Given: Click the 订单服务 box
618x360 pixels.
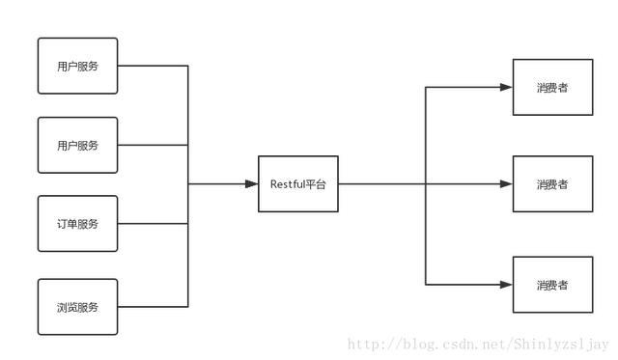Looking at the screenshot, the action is coord(77,224).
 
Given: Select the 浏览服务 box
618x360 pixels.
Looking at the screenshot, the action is coord(77,307).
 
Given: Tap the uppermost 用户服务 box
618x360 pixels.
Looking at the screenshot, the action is coord(77,66).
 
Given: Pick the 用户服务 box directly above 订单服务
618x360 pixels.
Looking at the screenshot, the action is coord(77,145).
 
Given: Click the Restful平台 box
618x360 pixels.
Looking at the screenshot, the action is coord(298,183).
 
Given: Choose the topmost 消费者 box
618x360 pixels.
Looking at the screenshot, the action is coord(552,87).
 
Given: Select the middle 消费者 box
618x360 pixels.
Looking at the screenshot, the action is coord(552,183).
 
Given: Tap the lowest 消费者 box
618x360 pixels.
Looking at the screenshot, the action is coord(552,285).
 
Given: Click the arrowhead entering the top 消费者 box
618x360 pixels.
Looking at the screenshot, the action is coord(506,87).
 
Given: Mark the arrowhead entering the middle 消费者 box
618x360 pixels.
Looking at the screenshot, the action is coord(506,183).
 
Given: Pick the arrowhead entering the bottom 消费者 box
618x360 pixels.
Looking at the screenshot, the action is coord(506,285).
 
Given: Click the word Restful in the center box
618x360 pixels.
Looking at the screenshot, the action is coord(287,183).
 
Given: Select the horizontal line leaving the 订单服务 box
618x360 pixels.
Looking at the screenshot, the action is coord(153,224).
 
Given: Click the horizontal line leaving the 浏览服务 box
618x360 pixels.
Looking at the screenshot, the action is coord(153,307).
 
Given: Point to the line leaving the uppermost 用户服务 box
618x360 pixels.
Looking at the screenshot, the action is coord(153,66).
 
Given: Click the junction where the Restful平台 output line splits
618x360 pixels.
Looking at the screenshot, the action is coord(426,183).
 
